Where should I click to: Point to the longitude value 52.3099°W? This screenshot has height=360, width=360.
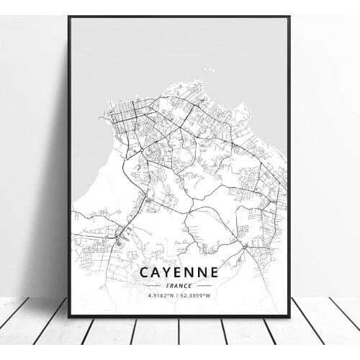[197, 295]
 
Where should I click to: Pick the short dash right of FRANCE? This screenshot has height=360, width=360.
[204, 285]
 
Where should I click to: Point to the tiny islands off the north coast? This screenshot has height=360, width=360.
[208, 70]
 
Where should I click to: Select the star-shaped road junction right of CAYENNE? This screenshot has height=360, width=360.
[248, 246]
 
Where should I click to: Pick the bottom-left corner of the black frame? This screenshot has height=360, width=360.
[69, 316]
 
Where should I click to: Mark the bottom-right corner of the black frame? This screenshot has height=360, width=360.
[289, 316]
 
